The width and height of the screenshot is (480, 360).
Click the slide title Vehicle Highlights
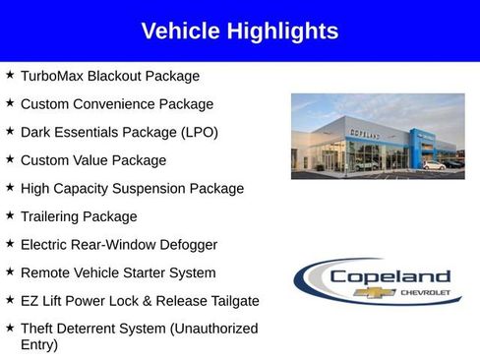(x=240, y=31)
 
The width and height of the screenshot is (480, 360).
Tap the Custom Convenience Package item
(x=116, y=103)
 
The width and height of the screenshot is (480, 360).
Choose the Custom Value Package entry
(x=93, y=159)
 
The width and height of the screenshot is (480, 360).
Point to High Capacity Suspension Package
(x=132, y=188)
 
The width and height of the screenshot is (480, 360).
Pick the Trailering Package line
(x=79, y=216)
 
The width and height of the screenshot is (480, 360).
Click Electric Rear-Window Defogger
(x=119, y=244)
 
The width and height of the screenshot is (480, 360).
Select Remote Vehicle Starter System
(x=117, y=272)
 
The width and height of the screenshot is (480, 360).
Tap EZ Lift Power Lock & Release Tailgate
(x=140, y=300)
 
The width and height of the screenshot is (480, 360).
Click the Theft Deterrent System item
(x=139, y=329)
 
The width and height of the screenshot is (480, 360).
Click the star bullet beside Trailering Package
(x=10, y=215)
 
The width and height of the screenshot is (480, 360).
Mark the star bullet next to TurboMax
(x=10, y=75)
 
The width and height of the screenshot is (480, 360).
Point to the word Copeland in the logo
(x=390, y=277)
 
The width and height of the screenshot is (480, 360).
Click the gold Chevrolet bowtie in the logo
(x=380, y=293)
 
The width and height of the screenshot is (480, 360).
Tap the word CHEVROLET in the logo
(x=425, y=293)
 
